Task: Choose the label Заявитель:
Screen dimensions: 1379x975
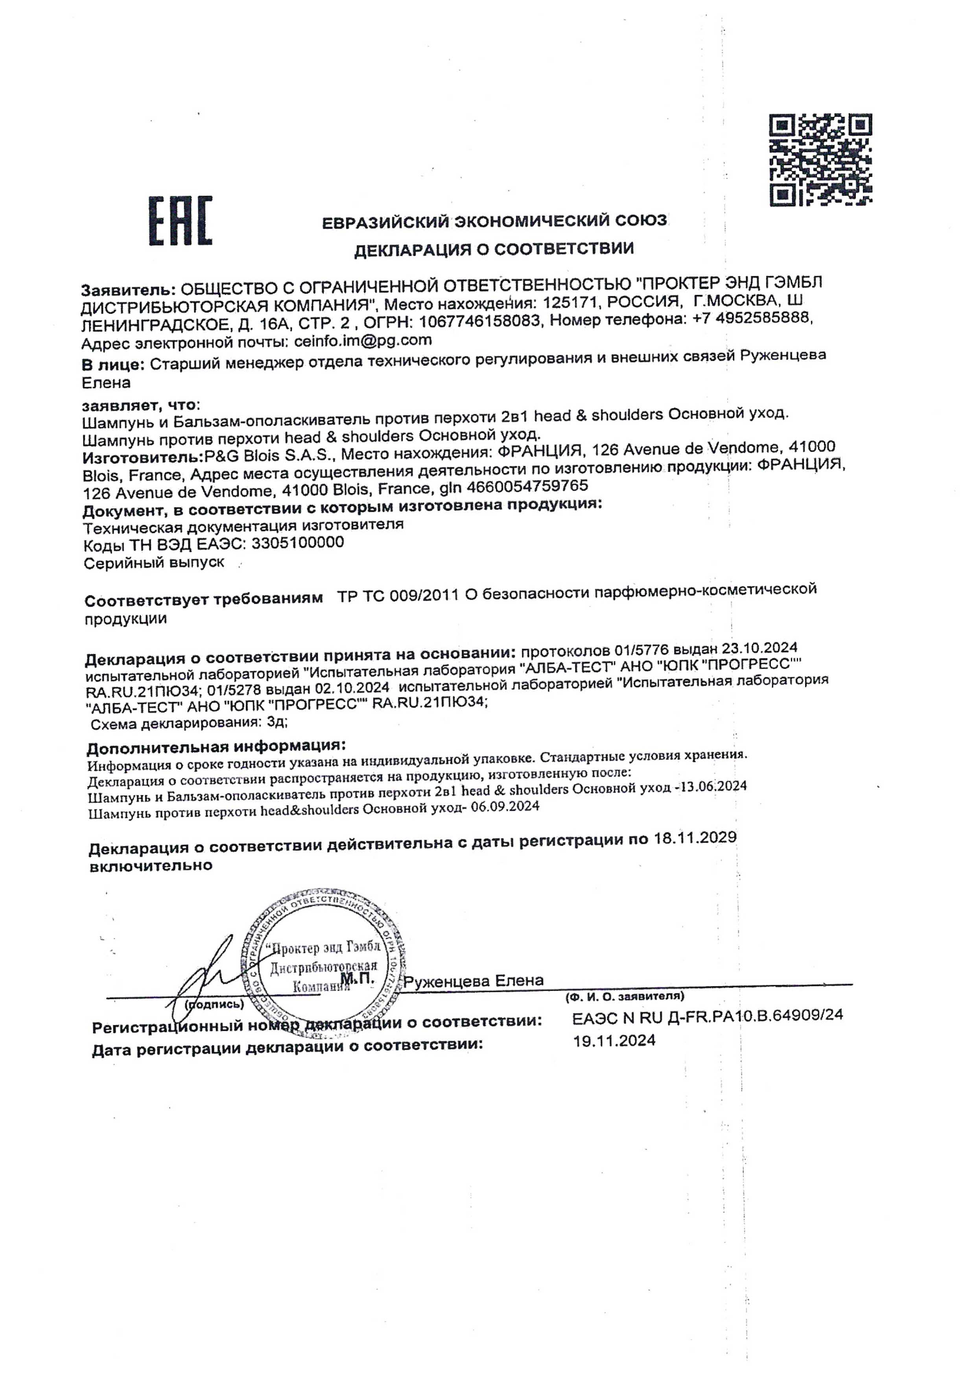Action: [x=128, y=289]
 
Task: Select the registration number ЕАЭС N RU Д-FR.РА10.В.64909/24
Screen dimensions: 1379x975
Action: [x=707, y=1016]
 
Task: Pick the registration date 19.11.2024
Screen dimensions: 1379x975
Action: [x=614, y=1041]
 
